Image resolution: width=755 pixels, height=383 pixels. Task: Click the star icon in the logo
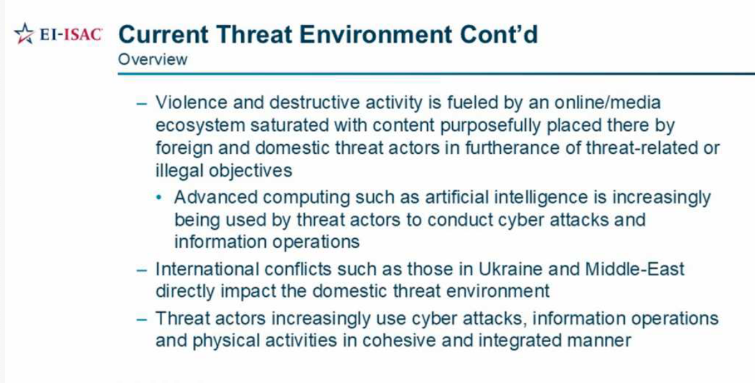(x=24, y=34)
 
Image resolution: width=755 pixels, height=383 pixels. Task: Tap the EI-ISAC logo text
(x=70, y=34)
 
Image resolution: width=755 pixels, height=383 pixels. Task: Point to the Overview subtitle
(x=153, y=59)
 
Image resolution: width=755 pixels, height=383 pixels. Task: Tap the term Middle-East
(x=635, y=269)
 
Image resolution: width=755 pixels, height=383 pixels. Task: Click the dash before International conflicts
(x=141, y=269)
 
